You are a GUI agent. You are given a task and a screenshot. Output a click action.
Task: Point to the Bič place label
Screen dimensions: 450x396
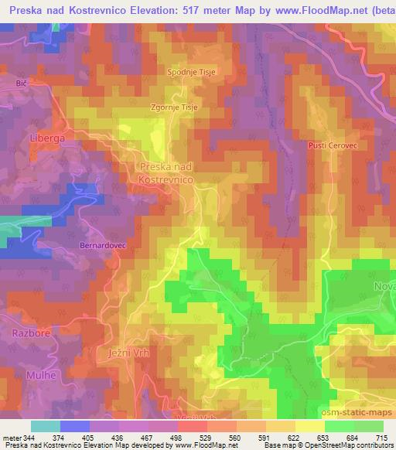[x=21, y=81]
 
